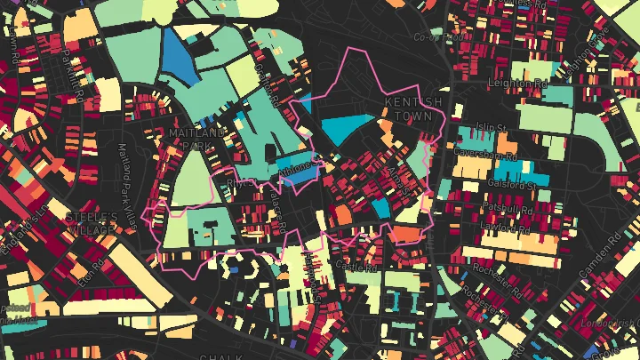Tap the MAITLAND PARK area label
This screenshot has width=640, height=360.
(196, 140)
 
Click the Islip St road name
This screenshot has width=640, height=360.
(492, 126)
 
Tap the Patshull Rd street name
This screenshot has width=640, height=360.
(506, 207)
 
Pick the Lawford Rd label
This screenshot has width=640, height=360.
(503, 227)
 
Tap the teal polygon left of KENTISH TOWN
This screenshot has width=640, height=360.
(349, 129)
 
